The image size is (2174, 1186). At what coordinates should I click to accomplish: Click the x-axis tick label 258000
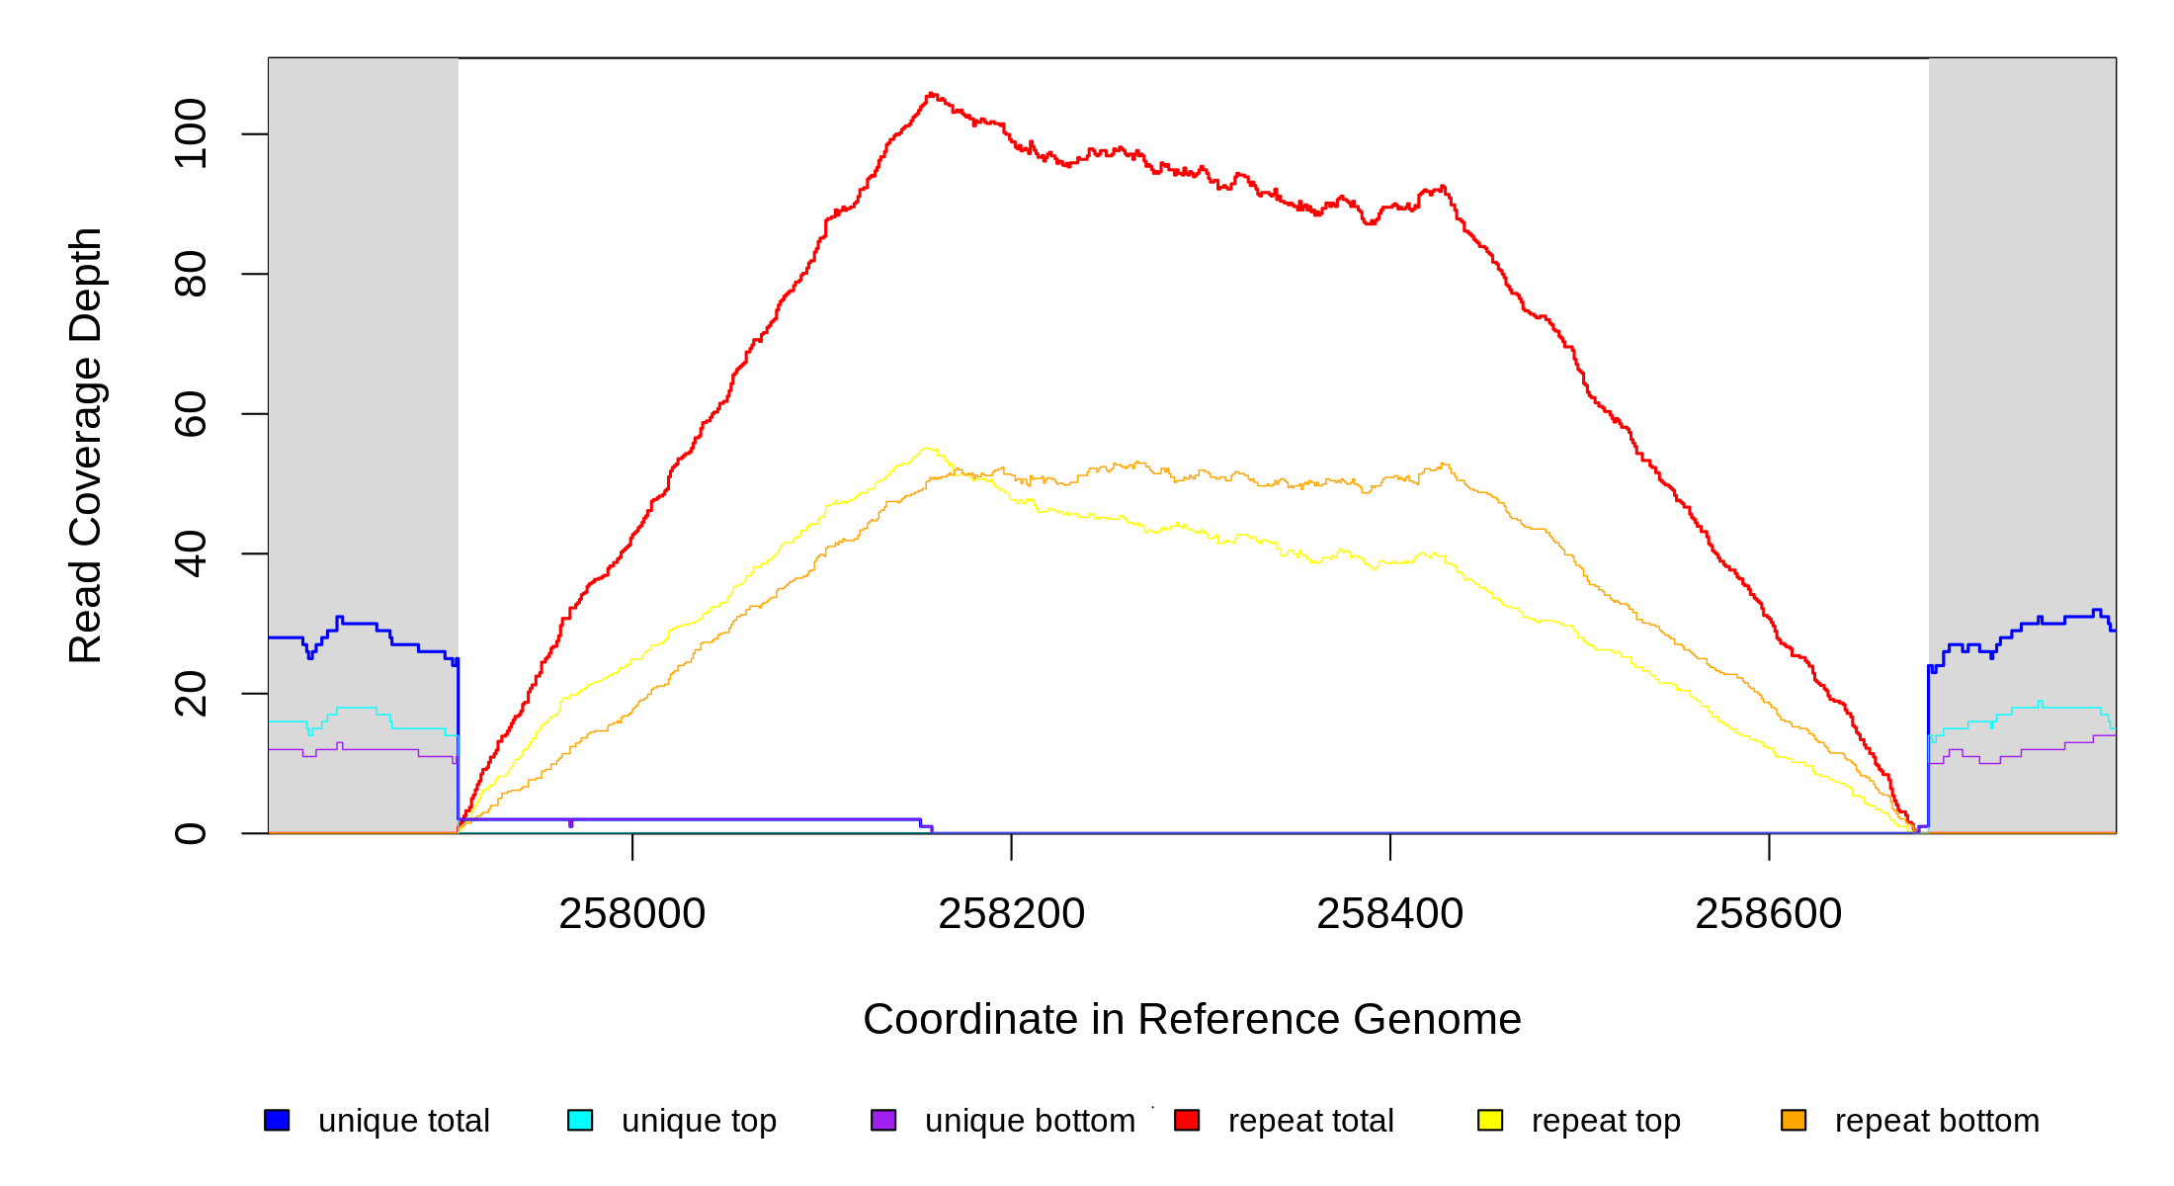(x=631, y=914)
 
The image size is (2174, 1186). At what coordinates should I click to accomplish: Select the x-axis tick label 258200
(x=1011, y=914)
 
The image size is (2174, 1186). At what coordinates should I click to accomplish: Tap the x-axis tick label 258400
(x=1389, y=914)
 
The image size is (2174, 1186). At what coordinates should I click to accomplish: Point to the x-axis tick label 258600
(x=1768, y=914)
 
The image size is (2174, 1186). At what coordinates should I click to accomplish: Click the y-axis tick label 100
(x=191, y=133)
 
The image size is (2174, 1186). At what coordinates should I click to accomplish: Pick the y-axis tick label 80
(x=191, y=274)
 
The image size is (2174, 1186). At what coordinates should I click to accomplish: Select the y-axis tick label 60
(x=191, y=414)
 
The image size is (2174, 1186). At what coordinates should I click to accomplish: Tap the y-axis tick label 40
(x=191, y=553)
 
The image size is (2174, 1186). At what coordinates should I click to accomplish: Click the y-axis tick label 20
(x=191, y=694)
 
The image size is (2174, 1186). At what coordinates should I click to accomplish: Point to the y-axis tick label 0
(x=191, y=833)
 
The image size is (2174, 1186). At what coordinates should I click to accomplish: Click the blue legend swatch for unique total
(x=277, y=1120)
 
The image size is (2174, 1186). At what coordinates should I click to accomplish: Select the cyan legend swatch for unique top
(x=580, y=1120)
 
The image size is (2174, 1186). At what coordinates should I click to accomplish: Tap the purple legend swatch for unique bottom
(x=883, y=1120)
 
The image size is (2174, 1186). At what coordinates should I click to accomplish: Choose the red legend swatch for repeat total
(x=1187, y=1120)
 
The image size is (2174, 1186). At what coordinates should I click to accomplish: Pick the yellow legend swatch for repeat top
(x=1490, y=1120)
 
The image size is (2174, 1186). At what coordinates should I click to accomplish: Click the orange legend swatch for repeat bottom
(x=1794, y=1120)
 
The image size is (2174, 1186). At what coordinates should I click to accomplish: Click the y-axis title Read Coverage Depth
(x=86, y=445)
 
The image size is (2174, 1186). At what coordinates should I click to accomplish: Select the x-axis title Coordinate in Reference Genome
(x=1192, y=1019)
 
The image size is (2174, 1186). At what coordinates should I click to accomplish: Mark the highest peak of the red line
(x=931, y=94)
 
